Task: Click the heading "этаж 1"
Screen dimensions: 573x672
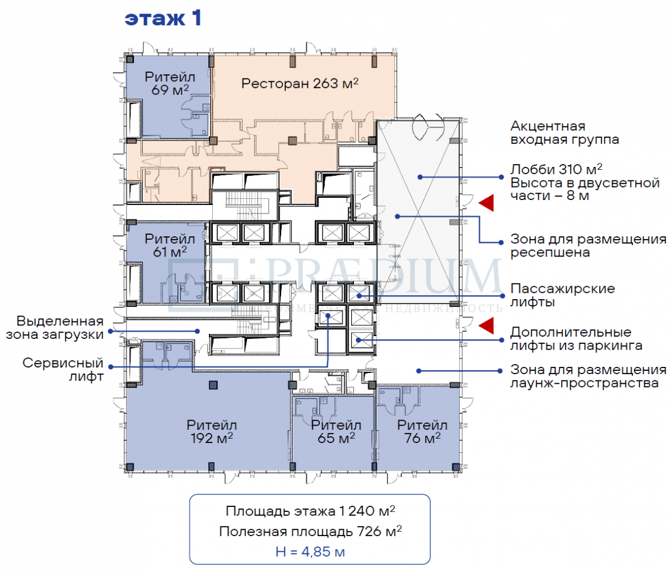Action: [162, 18]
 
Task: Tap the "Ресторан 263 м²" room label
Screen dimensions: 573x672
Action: [300, 84]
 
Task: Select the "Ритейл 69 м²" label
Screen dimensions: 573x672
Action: [170, 83]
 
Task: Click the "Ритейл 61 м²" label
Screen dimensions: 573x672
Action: [170, 245]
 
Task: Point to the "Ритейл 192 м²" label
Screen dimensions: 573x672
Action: [212, 432]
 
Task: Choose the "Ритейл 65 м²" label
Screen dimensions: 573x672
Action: [336, 432]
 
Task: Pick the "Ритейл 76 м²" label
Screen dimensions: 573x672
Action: [422, 432]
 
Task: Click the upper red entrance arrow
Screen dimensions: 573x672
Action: [486, 203]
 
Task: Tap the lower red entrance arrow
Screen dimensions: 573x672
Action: [486, 325]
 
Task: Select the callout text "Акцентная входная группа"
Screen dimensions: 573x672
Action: [564, 133]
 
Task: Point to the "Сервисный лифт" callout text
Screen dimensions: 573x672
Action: [63, 370]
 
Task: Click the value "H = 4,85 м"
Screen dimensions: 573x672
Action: [310, 552]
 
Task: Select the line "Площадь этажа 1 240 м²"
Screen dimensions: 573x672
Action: [310, 511]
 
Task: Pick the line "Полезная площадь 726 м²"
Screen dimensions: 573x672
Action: [310, 531]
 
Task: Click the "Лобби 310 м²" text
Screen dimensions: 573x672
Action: [556, 169]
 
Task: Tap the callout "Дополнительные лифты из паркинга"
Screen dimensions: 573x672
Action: [576, 339]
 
